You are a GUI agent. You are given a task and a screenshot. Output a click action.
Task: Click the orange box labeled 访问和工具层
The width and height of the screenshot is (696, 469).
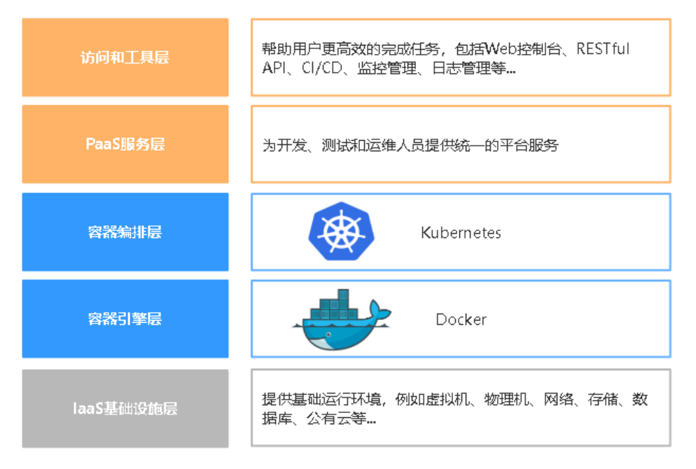[x=125, y=57]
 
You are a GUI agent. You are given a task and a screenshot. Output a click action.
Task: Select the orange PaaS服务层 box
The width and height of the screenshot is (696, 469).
[x=125, y=144]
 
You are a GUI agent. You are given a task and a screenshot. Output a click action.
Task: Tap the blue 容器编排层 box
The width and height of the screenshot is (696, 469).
[x=125, y=232]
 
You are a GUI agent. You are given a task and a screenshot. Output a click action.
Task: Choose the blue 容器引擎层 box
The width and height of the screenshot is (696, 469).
[x=125, y=318]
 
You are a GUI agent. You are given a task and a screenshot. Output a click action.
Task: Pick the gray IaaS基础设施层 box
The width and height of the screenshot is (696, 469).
[x=125, y=408]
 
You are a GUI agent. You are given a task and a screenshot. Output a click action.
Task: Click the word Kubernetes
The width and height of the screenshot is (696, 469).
[x=461, y=232]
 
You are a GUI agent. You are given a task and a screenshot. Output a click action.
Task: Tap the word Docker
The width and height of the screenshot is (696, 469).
[x=461, y=319]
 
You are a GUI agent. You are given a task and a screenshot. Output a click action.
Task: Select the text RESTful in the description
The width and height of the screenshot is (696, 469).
[x=604, y=49]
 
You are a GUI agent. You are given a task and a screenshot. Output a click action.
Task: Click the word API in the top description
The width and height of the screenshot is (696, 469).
[x=274, y=69]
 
